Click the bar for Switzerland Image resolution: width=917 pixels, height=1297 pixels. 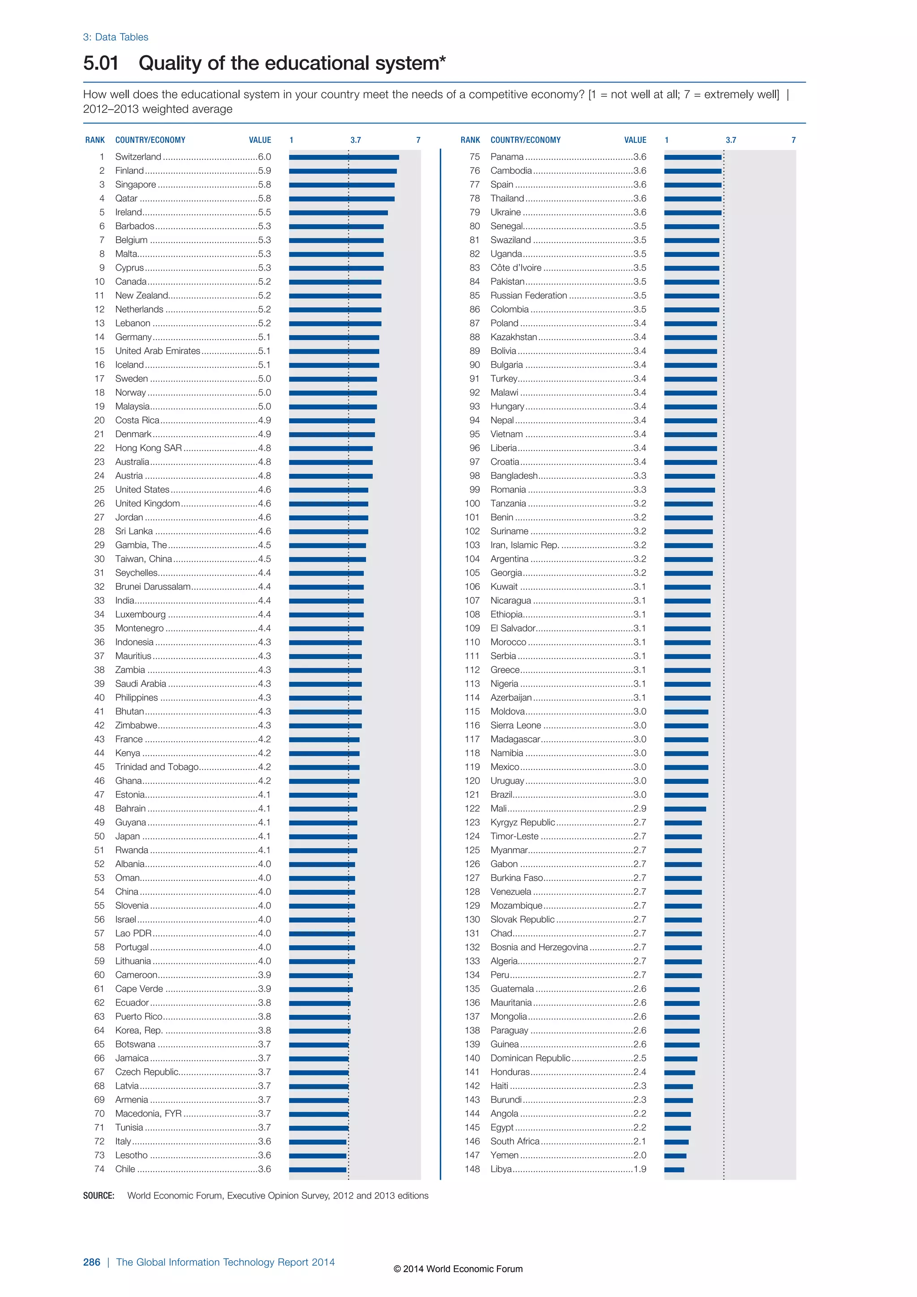[x=343, y=157]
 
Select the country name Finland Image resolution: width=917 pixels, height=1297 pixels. [x=129, y=171]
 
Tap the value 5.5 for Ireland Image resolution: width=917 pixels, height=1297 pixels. [x=264, y=212]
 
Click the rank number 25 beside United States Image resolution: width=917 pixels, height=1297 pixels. [x=99, y=490]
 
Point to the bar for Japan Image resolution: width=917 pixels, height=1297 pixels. [x=323, y=837]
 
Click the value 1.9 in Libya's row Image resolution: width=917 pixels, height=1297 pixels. [x=640, y=1169]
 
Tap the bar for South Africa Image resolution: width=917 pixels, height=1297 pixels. [x=676, y=1142]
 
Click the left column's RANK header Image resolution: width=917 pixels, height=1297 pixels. [x=95, y=140]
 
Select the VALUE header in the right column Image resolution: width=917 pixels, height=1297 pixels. [x=635, y=140]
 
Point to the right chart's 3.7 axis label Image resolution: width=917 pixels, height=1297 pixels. [x=731, y=140]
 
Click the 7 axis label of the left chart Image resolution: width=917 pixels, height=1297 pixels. [x=418, y=140]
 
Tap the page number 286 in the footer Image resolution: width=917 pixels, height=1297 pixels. [x=91, y=1262]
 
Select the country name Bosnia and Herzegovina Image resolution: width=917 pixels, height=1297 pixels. [x=539, y=947]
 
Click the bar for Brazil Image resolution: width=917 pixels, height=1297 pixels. [x=686, y=795]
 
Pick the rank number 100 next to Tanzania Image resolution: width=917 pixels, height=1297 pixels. [x=473, y=504]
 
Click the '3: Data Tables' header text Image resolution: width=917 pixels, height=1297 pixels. [x=116, y=37]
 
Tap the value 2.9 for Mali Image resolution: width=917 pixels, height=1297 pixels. [x=640, y=809]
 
